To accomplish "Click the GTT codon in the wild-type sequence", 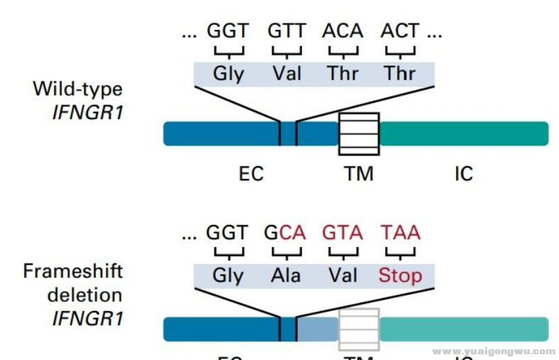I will (286, 31).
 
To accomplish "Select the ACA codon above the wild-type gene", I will (342, 31).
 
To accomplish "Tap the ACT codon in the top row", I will (400, 31).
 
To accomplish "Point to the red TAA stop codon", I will (400, 233).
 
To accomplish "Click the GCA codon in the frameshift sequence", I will (286, 233).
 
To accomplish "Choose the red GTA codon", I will (342, 233).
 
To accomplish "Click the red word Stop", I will (400, 275).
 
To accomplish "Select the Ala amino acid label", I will (286, 275).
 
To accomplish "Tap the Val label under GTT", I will (286, 73).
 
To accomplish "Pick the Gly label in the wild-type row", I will (228, 73).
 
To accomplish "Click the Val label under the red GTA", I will (342, 275).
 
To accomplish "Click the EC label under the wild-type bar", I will (251, 173).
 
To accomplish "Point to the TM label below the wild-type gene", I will (359, 173).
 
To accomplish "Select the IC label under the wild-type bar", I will (463, 173).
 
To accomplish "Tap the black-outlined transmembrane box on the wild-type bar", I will (359, 133).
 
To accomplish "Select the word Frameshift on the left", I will (73, 271).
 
